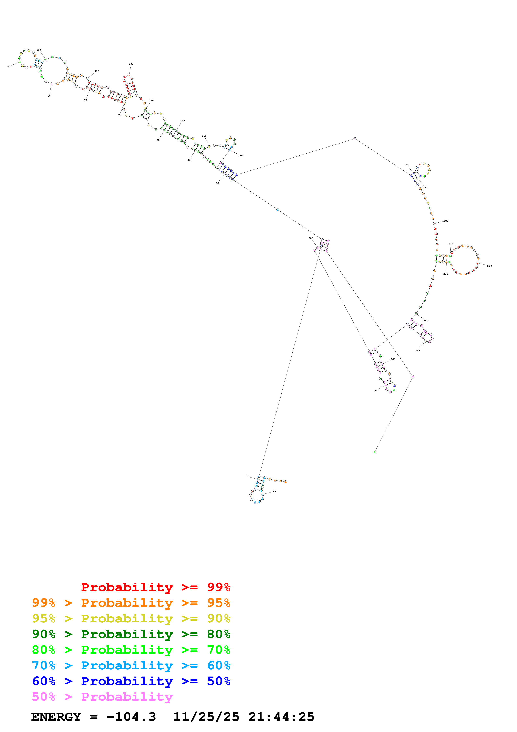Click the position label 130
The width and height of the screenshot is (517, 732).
[x=131, y=64]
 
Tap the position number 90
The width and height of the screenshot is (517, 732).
[x=9, y=67]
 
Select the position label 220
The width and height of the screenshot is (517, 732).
[x=489, y=266]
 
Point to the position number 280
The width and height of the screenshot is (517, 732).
[x=311, y=238]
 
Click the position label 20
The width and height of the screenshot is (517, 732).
[x=246, y=476]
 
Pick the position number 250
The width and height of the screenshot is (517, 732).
[x=417, y=350]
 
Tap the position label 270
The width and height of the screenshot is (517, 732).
[x=375, y=391]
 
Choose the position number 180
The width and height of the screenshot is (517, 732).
[x=406, y=164]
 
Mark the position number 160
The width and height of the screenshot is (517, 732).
[x=204, y=136]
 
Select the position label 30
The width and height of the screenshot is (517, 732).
[x=218, y=183]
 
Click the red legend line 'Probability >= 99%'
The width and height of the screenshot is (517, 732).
[x=155, y=587]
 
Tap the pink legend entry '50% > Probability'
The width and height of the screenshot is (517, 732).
[x=102, y=697]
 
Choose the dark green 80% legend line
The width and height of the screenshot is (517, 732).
[x=131, y=634]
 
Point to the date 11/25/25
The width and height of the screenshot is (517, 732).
[x=206, y=717]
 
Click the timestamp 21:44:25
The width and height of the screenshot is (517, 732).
[x=281, y=717]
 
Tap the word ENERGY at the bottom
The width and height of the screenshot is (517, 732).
[x=56, y=717]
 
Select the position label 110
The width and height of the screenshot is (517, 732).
[x=97, y=71]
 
